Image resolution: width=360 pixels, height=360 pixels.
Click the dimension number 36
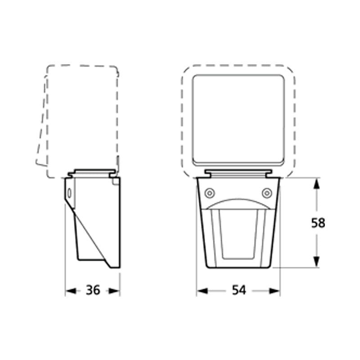[93, 291]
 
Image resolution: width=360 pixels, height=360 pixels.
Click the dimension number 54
[238, 291]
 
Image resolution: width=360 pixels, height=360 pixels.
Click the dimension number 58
[318, 223]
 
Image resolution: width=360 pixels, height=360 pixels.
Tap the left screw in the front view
[209, 193]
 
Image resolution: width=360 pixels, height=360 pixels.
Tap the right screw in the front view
[267, 193]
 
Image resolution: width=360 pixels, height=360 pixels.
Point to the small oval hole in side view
[69, 193]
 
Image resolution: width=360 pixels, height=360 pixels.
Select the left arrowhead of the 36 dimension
[70, 291]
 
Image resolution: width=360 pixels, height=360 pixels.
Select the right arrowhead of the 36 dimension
[116, 291]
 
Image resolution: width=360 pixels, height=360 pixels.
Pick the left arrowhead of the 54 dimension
[201, 291]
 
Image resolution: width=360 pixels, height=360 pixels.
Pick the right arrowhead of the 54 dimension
[275, 291]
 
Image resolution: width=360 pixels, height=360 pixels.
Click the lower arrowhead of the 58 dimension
[317, 262]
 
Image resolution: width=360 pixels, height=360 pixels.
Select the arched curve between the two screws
[238, 201]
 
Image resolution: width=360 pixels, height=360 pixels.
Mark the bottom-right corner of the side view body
[119, 267]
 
